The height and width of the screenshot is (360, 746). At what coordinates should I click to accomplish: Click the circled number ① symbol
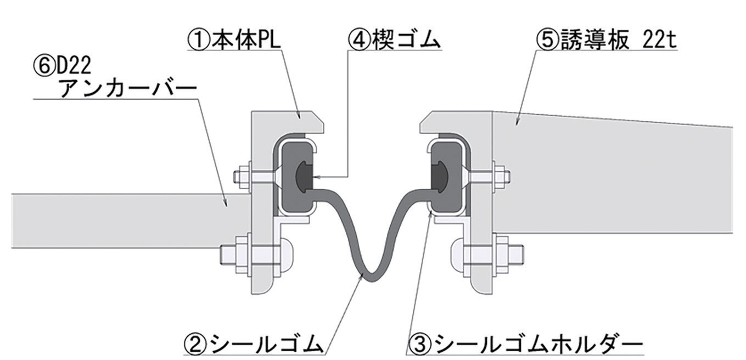[x=199, y=41]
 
